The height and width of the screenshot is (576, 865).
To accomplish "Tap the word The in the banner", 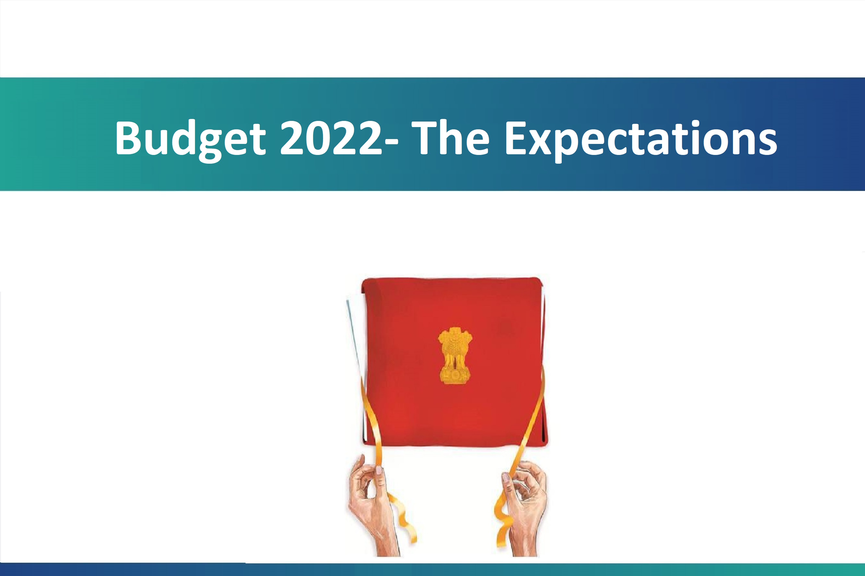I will [450, 138].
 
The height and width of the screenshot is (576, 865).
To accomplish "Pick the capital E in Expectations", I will [517, 138].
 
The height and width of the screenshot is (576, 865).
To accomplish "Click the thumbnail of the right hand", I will [506, 477].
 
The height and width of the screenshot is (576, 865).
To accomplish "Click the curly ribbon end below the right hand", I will [501, 529].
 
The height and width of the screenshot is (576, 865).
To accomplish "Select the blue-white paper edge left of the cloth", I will [354, 338].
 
